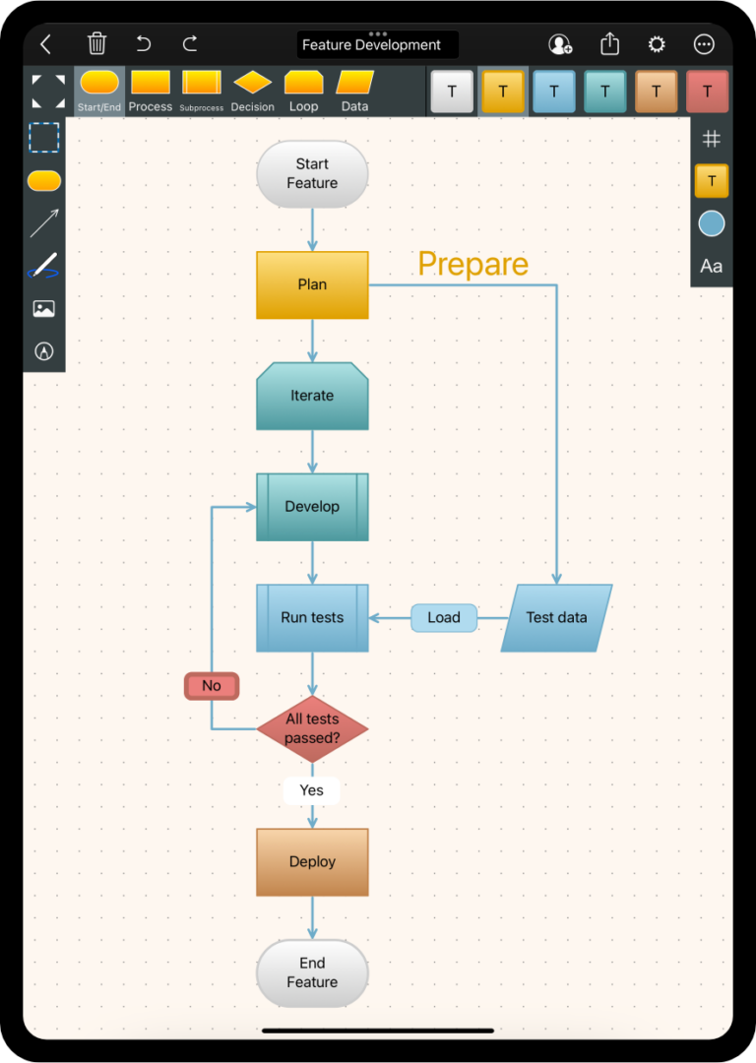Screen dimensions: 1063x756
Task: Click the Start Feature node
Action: (312, 174)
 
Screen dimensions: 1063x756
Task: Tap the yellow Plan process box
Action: (312, 284)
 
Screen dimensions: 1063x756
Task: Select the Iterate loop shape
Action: (312, 396)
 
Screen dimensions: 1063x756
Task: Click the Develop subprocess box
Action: (312, 507)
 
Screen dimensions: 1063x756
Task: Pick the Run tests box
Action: (312, 618)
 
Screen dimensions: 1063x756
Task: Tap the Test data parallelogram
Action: (556, 618)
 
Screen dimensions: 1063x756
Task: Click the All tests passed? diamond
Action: (312, 728)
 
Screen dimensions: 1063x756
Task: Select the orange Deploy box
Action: (312, 862)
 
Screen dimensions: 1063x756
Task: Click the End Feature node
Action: (312, 972)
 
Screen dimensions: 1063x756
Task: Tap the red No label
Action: (212, 686)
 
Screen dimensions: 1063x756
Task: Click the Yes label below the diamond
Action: (311, 790)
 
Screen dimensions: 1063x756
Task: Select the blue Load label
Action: (444, 618)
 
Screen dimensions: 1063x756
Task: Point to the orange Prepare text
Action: (472, 264)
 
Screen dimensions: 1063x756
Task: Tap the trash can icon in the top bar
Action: (96, 43)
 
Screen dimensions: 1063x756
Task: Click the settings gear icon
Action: (657, 44)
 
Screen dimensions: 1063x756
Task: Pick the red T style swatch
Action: (707, 92)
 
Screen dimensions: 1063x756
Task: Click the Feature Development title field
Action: (377, 45)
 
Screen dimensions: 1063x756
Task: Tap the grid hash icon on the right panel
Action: (712, 140)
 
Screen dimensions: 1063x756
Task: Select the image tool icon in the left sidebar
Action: (43, 309)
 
